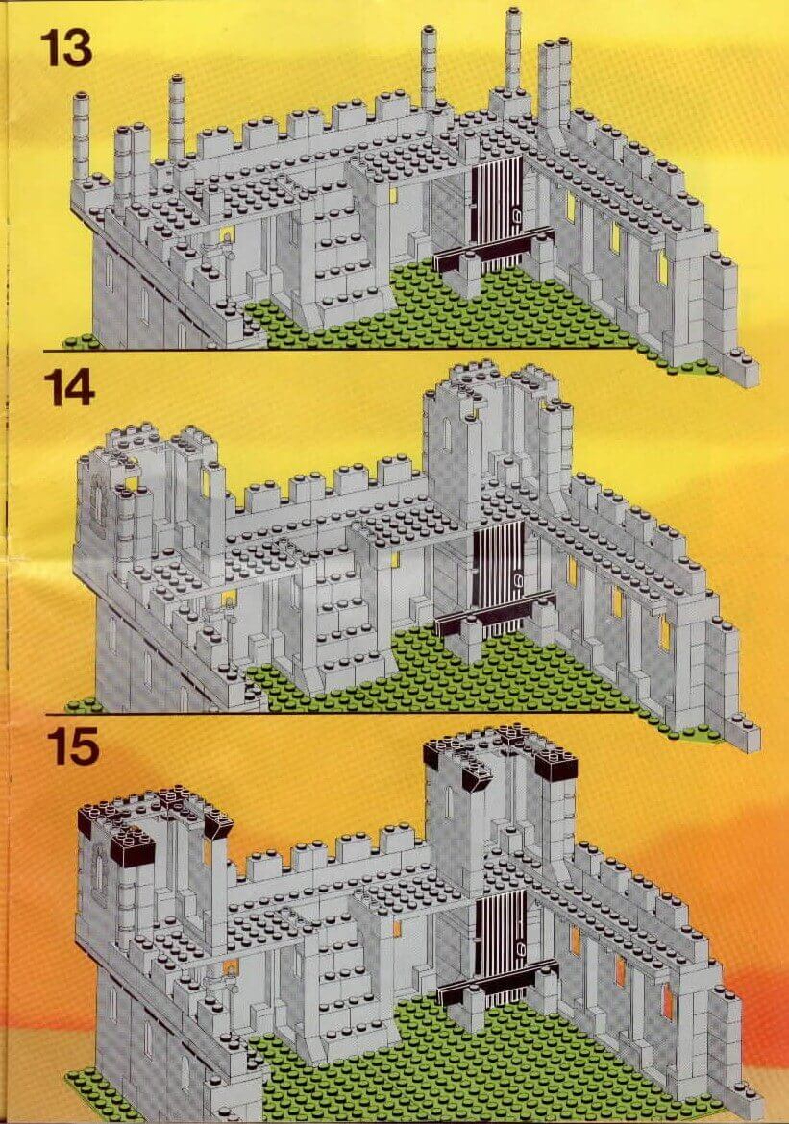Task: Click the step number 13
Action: (66, 49)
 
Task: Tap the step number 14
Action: (69, 389)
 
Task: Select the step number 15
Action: (74, 745)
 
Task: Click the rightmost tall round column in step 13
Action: (513, 50)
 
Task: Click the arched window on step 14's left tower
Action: (100, 499)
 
